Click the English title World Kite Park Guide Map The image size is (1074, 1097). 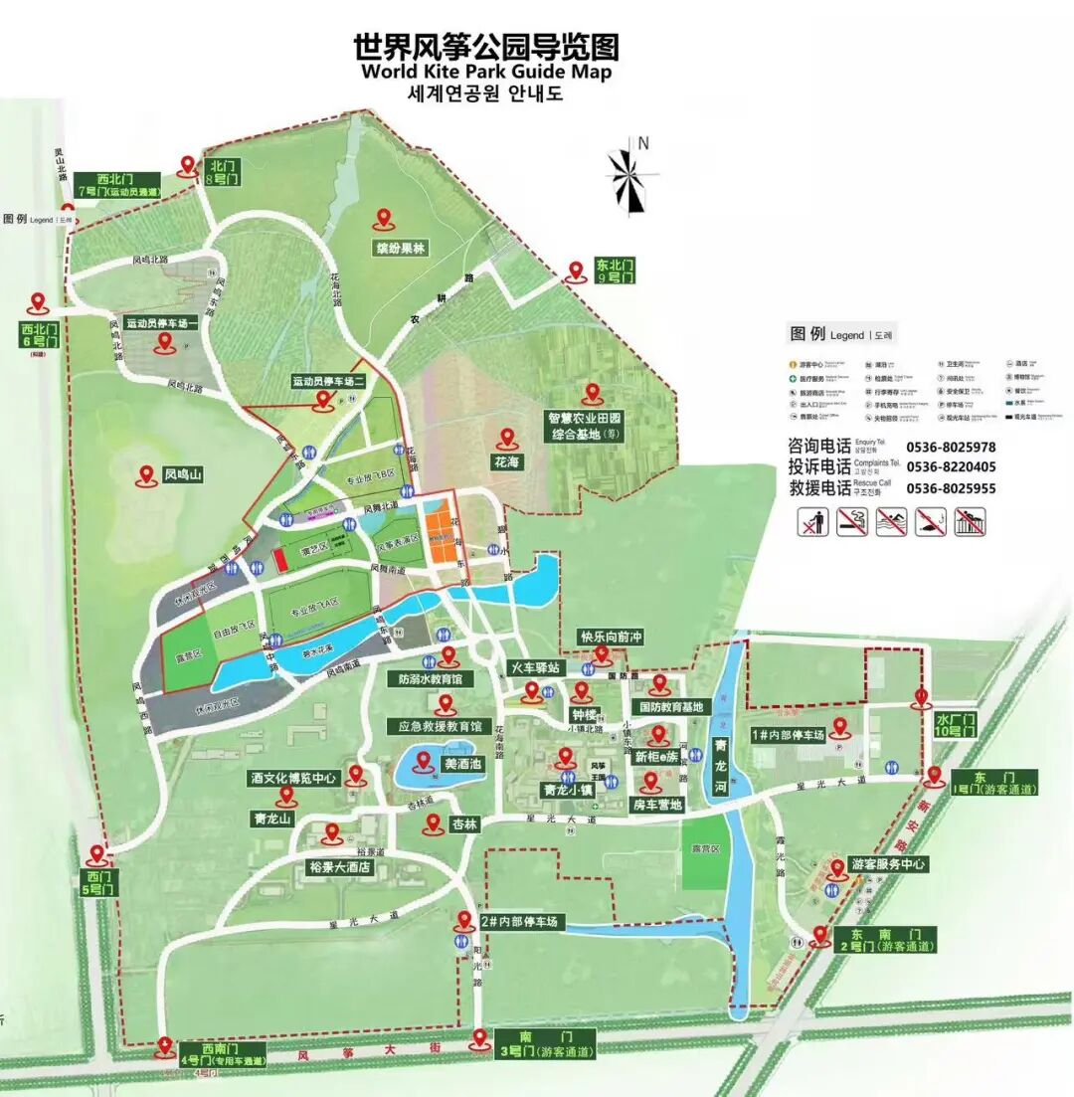(x=486, y=72)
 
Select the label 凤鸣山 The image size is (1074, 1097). (x=182, y=476)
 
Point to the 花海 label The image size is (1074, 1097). (x=506, y=462)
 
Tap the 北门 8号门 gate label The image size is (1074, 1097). (x=223, y=172)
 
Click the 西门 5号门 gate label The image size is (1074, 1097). (x=100, y=882)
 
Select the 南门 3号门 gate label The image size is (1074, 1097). (x=544, y=1043)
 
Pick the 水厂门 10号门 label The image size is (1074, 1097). (x=956, y=724)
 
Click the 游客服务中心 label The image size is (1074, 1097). (x=887, y=864)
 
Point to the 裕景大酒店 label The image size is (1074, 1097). (x=338, y=867)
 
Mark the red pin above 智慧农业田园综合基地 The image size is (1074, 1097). (x=594, y=394)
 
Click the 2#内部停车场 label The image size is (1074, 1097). (x=521, y=923)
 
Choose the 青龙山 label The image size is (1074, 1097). (x=271, y=819)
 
